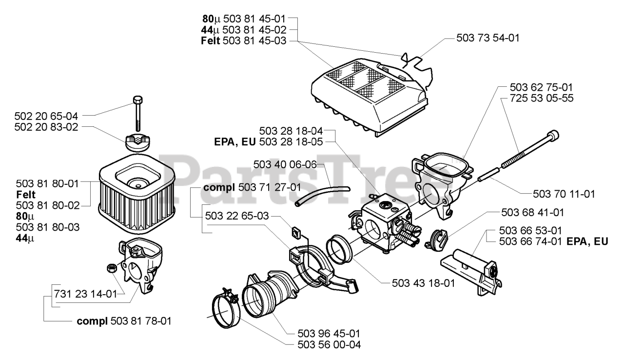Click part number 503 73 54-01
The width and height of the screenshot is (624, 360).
487,37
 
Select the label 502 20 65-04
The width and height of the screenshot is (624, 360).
46,116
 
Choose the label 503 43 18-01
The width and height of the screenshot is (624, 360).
423,282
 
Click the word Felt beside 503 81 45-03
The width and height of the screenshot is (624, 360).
210,41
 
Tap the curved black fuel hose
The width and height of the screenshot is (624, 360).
322,193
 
